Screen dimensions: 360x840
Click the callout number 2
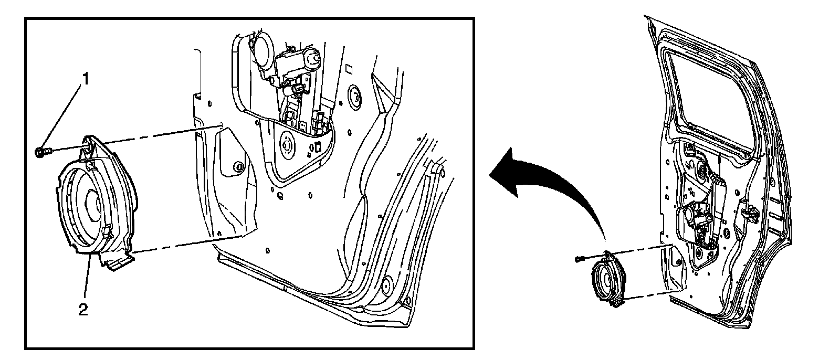(82, 310)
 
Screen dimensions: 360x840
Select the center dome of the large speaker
(93, 202)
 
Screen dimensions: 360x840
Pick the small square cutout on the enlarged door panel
(348, 69)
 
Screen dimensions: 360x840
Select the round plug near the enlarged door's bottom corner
(388, 284)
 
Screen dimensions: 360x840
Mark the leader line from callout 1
(64, 115)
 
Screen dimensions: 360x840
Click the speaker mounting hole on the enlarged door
(239, 167)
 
